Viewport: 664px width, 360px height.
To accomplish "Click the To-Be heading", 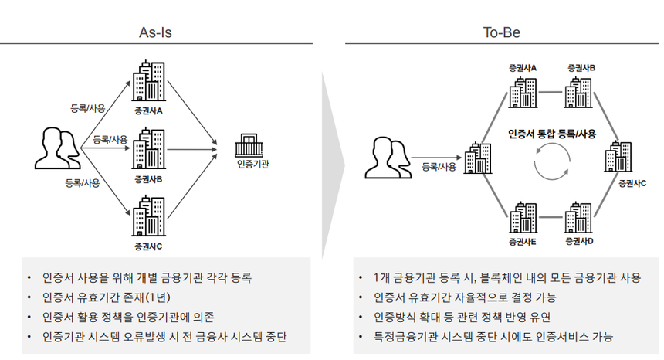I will (497, 32).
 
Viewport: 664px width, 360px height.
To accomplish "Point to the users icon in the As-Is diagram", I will (57, 149).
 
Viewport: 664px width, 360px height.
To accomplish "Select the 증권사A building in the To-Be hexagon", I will (522, 92).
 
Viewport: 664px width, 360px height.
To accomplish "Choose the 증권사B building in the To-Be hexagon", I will (581, 92).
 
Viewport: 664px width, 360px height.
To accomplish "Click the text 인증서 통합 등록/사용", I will (551, 134).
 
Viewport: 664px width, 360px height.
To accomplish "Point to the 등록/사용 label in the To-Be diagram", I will (439, 166).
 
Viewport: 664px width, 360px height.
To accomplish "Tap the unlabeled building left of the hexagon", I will (479, 159).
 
